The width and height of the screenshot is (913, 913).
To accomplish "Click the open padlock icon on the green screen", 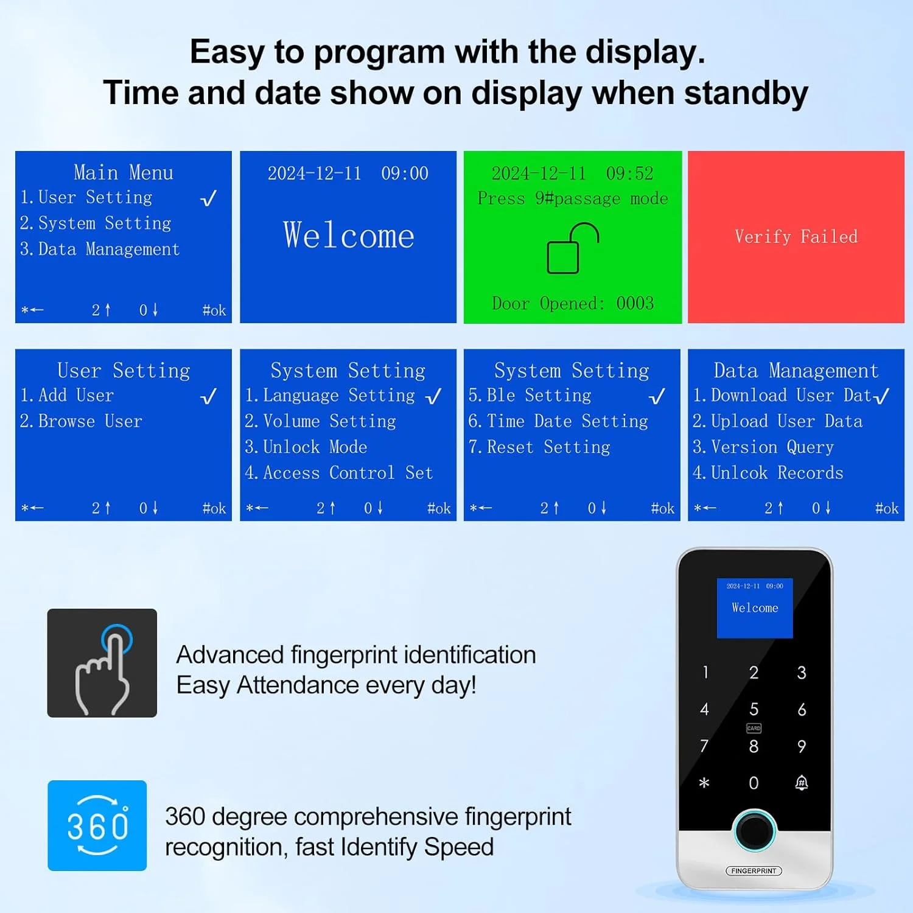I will click(x=572, y=248).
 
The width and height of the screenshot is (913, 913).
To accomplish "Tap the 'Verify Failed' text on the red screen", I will click(x=796, y=237).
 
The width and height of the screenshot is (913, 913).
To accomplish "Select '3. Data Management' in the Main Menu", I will click(x=100, y=250).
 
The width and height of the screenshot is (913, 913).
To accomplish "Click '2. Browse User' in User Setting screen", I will click(x=81, y=421).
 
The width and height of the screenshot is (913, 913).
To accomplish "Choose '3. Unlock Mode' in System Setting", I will click(x=306, y=447).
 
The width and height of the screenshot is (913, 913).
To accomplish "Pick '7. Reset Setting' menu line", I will click(x=539, y=447).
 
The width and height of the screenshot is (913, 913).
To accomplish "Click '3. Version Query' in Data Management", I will click(x=763, y=447).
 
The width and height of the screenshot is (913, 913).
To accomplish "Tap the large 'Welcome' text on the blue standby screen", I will click(x=348, y=236).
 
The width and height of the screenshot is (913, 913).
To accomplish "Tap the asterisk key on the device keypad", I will click(x=704, y=783).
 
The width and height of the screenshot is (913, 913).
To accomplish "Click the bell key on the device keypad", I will click(x=802, y=783).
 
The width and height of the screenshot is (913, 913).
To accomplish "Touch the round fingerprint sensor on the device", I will click(x=754, y=830).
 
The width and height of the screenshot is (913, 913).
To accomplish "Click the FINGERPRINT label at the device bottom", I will click(x=754, y=871).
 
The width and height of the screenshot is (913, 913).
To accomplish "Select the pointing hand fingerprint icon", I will click(x=102, y=663).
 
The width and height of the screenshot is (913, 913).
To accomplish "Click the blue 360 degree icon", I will click(x=97, y=825).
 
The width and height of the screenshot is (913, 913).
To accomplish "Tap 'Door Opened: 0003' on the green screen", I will click(x=572, y=303).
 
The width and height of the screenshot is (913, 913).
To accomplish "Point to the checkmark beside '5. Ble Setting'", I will click(x=657, y=397).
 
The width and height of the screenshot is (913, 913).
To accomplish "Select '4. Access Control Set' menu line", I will click(x=338, y=473).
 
